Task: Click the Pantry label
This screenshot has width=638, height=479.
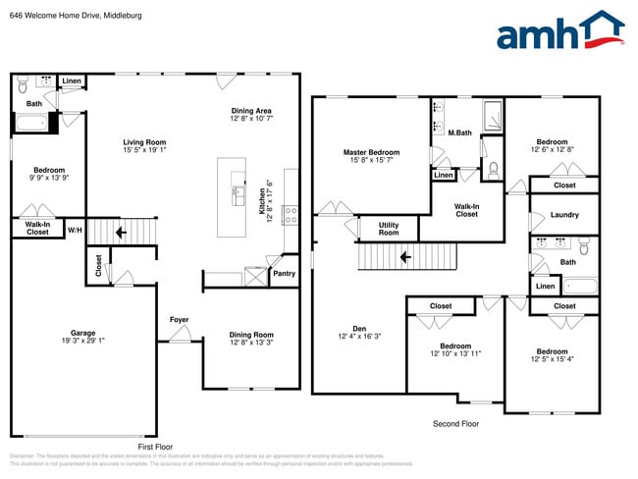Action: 284,274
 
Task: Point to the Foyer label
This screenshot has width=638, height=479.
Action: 179,319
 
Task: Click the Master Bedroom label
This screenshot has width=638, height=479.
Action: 371,152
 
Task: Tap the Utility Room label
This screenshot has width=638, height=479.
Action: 389,229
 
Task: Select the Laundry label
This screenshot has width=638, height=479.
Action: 564,215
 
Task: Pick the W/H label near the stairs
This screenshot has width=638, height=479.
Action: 75,231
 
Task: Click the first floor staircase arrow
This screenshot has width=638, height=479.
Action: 120,234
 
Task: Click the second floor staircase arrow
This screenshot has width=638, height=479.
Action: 404,257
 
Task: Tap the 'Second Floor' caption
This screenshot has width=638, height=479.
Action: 455,424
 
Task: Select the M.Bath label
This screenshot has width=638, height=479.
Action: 459,133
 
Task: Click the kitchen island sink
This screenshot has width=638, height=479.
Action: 238,195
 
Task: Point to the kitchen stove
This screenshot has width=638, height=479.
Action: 291,215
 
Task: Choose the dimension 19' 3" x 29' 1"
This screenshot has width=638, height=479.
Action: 82,342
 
